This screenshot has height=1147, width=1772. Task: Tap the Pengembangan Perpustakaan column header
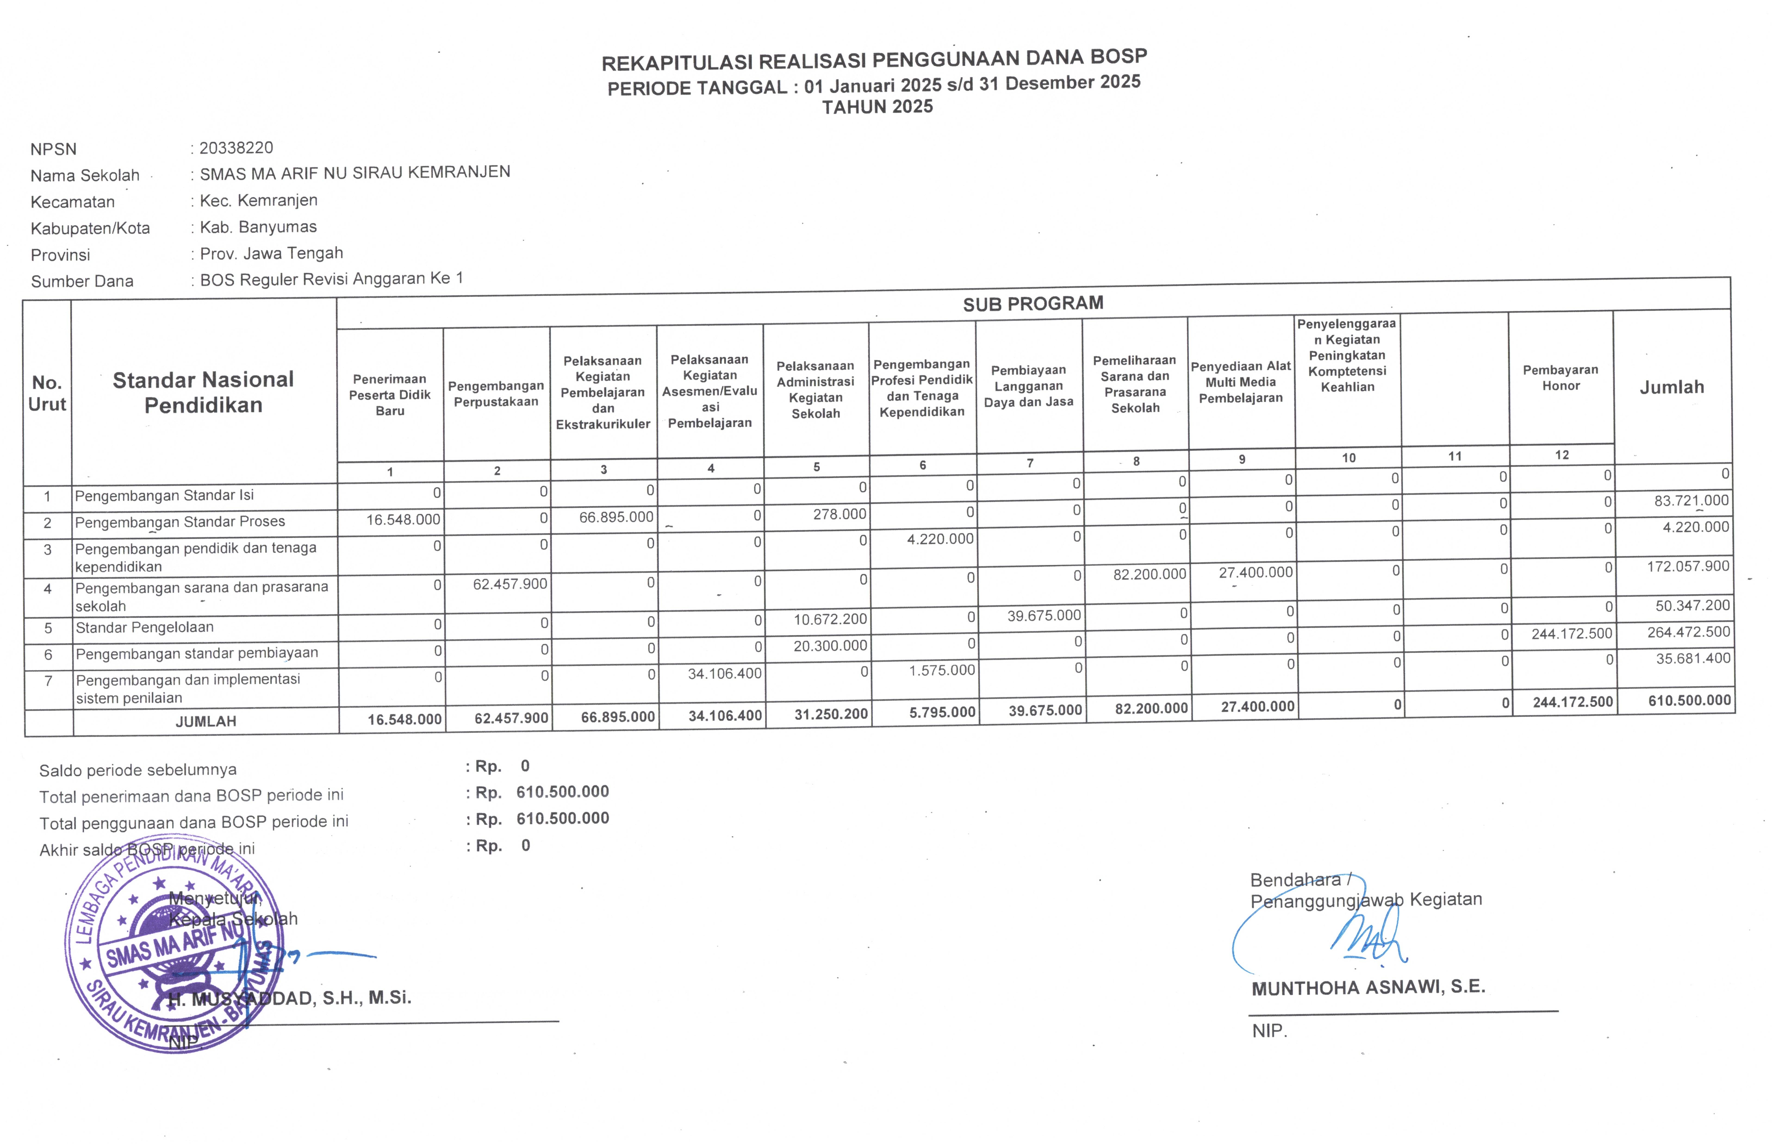(496, 394)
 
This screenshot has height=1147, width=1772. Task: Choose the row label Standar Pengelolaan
(144, 627)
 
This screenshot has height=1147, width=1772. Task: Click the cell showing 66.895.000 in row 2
(616, 517)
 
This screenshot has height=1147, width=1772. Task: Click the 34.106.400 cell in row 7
(724, 674)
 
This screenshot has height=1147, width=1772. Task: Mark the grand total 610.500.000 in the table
(1689, 701)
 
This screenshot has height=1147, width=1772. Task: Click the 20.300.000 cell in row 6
(829, 646)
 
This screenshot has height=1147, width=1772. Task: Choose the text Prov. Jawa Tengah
(271, 254)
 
